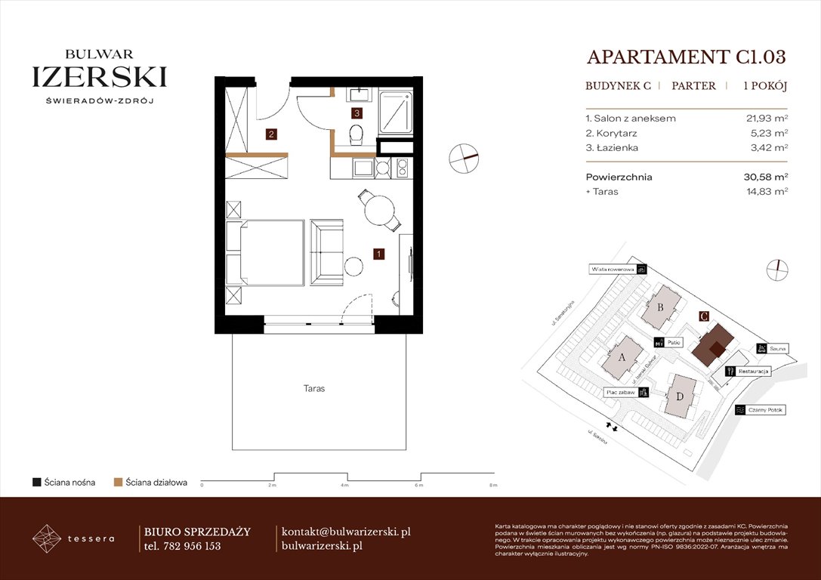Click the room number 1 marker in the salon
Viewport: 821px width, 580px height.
378,255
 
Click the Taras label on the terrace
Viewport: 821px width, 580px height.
314,388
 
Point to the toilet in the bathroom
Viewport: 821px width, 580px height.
357,135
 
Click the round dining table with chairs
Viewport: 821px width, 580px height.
378,211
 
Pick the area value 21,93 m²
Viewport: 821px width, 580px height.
767,119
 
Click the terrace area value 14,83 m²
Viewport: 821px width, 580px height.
767,192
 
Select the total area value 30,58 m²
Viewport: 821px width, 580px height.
766,177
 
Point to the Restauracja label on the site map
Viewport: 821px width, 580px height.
754,372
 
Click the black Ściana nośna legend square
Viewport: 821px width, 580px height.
35,482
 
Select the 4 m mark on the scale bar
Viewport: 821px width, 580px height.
344,486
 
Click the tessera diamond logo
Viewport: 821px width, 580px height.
48,538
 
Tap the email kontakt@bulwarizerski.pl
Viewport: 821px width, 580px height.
346,532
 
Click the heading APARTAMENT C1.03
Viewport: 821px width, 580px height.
686,57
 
